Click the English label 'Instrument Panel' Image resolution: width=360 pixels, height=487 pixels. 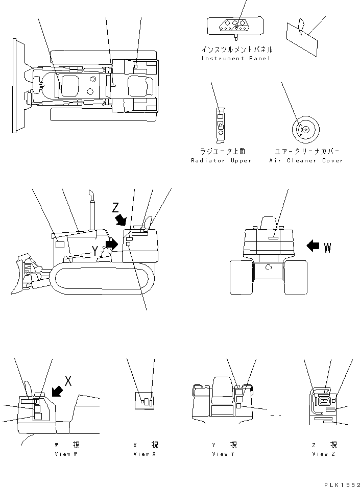pos(236,58)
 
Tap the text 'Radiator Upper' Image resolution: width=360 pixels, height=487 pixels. pos(221,161)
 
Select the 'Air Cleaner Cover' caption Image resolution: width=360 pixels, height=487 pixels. pos(306,161)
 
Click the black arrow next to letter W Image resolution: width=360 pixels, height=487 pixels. pos(313,246)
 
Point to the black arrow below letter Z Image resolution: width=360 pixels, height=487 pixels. pos(121,220)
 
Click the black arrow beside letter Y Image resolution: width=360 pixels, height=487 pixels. pos(112,244)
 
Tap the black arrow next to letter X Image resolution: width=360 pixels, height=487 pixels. pos(57,391)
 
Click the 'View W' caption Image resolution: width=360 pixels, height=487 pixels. pos(66,454)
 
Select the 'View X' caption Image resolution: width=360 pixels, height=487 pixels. pos(145,454)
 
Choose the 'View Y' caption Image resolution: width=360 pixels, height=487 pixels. pos(223,454)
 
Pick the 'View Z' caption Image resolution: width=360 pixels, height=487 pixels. pos(324,454)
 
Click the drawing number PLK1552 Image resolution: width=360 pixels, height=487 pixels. pos(342,484)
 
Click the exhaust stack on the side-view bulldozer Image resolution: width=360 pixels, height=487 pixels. pos(92,210)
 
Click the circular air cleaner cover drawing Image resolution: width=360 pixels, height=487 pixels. pos(306,130)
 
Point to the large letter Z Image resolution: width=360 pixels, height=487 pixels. pos(115,207)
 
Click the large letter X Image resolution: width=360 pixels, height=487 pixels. pos(68,381)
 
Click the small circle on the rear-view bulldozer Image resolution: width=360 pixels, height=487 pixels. pos(269,267)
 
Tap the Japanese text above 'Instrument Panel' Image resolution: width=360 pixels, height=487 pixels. pos(237,50)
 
